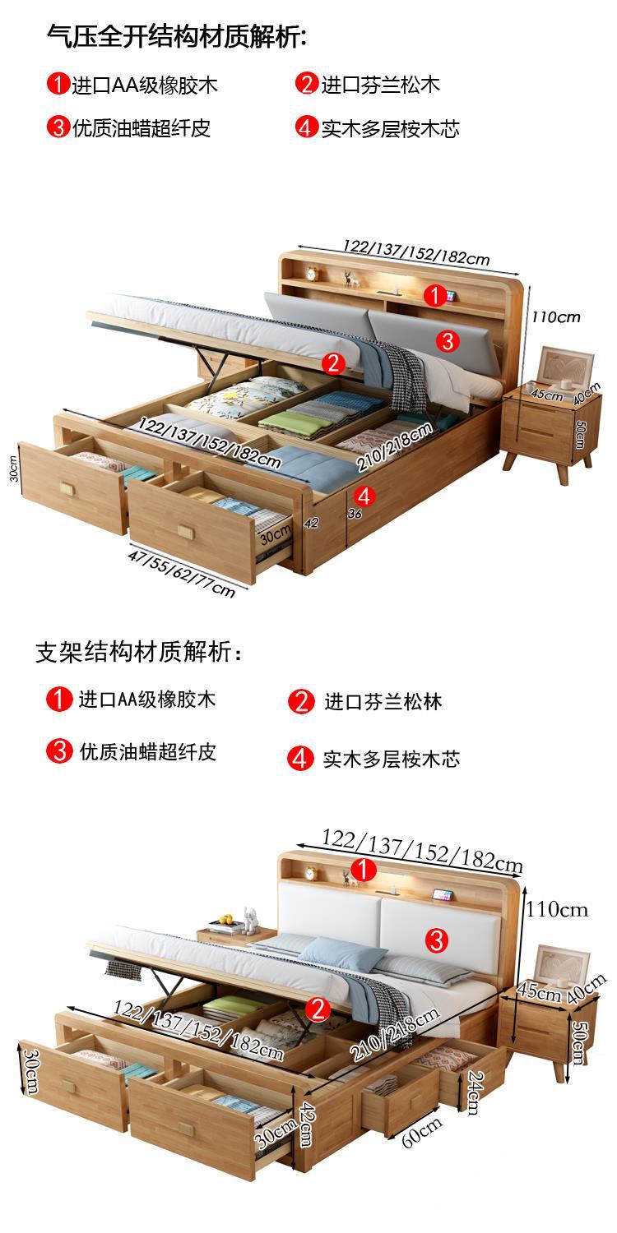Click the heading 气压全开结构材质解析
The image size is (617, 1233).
(x=177, y=36)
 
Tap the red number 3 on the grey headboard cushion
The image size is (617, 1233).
(x=447, y=340)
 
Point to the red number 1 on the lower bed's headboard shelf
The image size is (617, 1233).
(x=364, y=869)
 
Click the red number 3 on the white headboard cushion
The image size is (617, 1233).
(x=437, y=939)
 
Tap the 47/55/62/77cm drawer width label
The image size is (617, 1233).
(x=182, y=573)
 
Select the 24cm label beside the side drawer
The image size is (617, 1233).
(x=473, y=1092)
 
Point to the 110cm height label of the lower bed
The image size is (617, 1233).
(x=557, y=909)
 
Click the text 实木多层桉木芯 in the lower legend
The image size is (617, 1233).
(x=391, y=758)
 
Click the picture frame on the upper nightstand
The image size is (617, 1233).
(x=566, y=367)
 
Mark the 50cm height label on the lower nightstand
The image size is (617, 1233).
(x=579, y=1042)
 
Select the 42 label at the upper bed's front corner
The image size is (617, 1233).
(x=311, y=522)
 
